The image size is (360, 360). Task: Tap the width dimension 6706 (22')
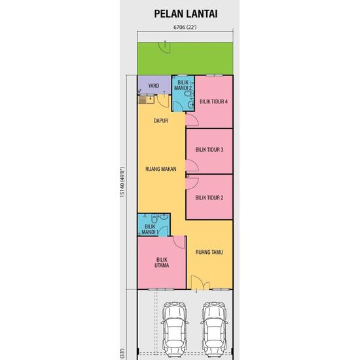185,27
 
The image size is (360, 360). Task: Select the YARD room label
154,86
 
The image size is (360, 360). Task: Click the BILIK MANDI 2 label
181,84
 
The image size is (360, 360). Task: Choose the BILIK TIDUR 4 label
213,101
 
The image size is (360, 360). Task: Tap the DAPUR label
161,121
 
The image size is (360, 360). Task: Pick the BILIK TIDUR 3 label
209,150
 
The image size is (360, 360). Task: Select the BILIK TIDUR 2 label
209,197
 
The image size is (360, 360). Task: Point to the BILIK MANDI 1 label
150,229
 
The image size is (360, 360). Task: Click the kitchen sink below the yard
146,99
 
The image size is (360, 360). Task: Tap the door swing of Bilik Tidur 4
191,120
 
